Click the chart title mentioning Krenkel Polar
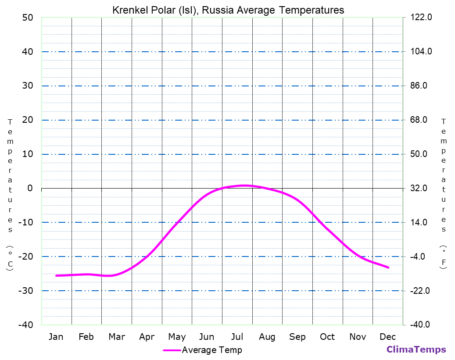pyautogui.click(x=228, y=10)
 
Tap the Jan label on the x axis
pyautogui.click(x=56, y=337)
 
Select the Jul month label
pyautogui.click(x=237, y=337)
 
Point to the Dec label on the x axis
pyautogui.click(x=388, y=337)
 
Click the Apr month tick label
pyautogui.click(x=147, y=337)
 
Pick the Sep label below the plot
pyautogui.click(x=297, y=337)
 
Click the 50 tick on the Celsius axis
pyautogui.click(x=27, y=18)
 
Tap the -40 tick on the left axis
pyautogui.click(x=25, y=325)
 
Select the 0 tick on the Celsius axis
pyautogui.click(x=30, y=188)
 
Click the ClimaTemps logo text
pyautogui.click(x=416, y=349)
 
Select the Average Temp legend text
pyautogui.click(x=211, y=350)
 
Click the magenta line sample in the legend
pyautogui.click(x=172, y=350)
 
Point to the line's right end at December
pyautogui.click(x=388, y=267)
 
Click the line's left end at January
pyautogui.click(x=56, y=275)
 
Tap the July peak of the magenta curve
pyautogui.click(x=244, y=185)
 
